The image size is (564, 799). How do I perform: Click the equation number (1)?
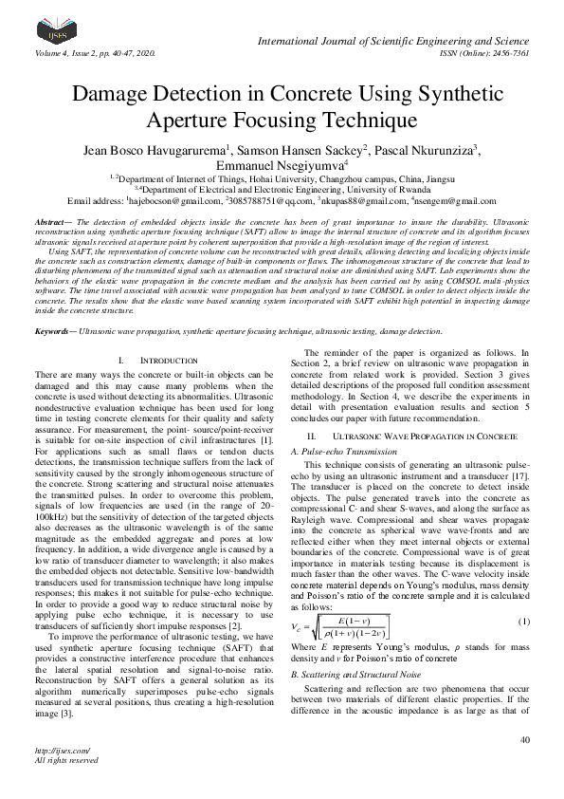pos(523,594)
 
